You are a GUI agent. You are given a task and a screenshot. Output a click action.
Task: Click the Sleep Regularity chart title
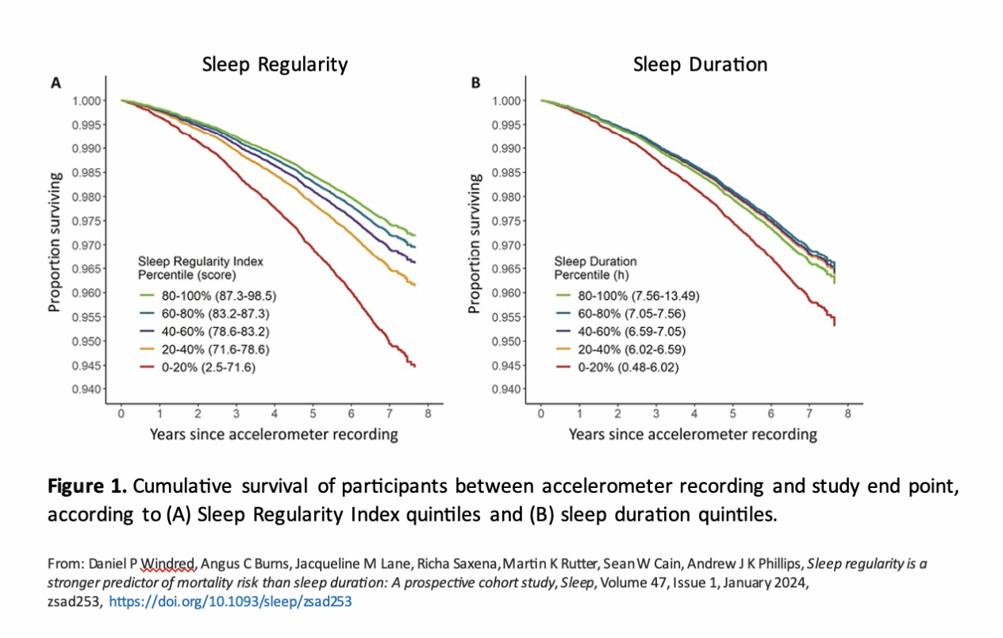coord(275,64)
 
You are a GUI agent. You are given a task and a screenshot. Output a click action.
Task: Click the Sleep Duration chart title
coord(700,64)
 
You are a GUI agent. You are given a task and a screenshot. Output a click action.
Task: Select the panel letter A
coord(56,82)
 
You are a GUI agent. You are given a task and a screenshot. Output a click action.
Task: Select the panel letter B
coord(475,82)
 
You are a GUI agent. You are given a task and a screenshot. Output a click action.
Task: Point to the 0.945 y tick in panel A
coord(87,366)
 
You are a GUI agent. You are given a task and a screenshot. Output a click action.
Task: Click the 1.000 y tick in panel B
coord(508,101)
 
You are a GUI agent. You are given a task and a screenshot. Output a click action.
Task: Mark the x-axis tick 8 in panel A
coord(428,414)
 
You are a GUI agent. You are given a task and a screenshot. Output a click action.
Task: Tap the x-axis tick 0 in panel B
coord(541,414)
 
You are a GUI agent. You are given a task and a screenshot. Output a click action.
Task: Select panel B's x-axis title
coord(693,434)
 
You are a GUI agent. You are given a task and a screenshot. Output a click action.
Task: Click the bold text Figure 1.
coord(85,486)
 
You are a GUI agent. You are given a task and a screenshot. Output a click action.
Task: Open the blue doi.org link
coord(229,601)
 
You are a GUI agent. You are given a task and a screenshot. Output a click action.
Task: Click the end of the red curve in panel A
coord(414,365)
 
